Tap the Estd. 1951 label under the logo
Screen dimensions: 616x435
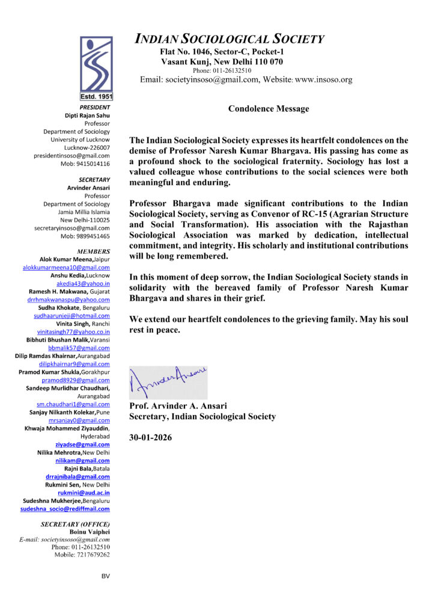pos(96,96)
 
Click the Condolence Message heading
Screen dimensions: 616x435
pos(269,109)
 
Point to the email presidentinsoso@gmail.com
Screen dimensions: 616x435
pos(71,155)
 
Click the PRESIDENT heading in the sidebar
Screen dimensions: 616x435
pos(94,107)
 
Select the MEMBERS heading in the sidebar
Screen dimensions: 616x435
pos(94,251)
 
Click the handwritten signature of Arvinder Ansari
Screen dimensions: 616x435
pos(168,380)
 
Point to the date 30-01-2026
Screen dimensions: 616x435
pos(151,437)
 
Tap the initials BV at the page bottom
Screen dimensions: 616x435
pos(106,576)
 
